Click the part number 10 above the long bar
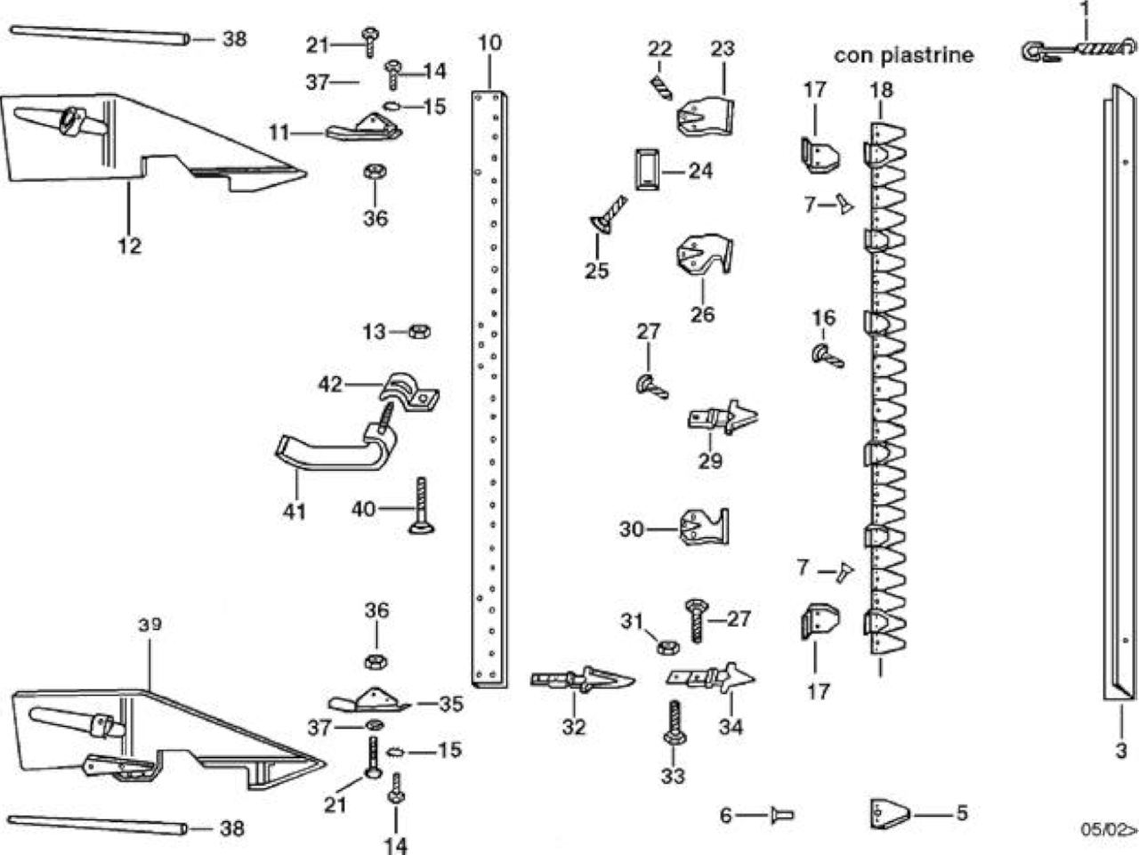489,43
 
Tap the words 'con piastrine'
903,55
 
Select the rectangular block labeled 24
647,169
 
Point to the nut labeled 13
419,331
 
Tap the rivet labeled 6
782,815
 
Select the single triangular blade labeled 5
890,813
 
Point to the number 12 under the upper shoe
130,246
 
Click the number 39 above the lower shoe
150,625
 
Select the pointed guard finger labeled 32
582,680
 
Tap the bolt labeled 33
675,723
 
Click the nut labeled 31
668,647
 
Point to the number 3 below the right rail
1121,751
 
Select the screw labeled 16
828,357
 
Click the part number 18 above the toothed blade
881,90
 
